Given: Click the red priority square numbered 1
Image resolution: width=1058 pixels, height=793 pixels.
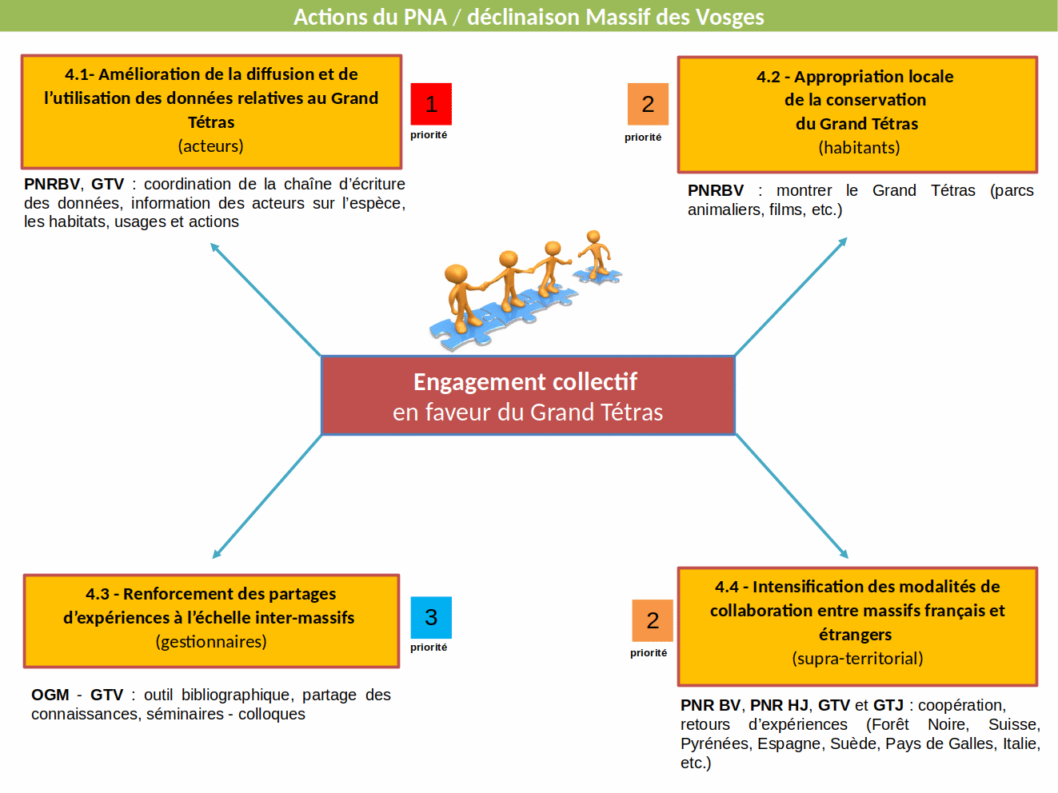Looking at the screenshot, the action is (x=431, y=104).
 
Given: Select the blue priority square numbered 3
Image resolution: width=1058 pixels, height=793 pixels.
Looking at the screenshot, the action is (x=431, y=617).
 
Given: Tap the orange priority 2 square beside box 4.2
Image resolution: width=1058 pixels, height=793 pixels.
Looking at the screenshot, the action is (x=648, y=104).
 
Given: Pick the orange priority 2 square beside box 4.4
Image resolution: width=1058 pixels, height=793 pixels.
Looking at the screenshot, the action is (x=653, y=620).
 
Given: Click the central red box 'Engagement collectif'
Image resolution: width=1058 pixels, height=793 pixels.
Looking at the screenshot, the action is (x=528, y=396).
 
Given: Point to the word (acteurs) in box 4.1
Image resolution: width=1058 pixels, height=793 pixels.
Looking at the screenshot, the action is (x=210, y=146).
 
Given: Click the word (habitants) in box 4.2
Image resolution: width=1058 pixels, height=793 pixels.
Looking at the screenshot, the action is (x=859, y=147).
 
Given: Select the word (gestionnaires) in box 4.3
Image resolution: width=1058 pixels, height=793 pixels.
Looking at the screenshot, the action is (x=211, y=642).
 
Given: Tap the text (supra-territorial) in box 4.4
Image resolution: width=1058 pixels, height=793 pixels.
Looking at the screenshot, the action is (x=857, y=658).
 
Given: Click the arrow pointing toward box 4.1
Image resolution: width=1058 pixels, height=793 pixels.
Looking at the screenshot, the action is (x=265, y=300).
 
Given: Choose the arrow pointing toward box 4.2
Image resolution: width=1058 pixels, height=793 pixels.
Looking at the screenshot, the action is (x=790, y=297).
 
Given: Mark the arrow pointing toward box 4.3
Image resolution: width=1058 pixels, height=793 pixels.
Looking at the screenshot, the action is (x=267, y=496).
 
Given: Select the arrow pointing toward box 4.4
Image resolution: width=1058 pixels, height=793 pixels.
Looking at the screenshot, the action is (x=792, y=496).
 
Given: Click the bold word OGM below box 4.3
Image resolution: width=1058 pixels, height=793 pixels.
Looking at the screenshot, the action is (x=50, y=695).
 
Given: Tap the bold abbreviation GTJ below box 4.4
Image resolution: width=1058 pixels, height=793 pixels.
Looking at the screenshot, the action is (x=888, y=705).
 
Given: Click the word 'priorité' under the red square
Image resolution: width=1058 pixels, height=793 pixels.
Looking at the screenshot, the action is (x=429, y=135).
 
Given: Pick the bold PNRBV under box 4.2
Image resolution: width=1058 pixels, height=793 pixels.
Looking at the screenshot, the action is (x=716, y=191).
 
